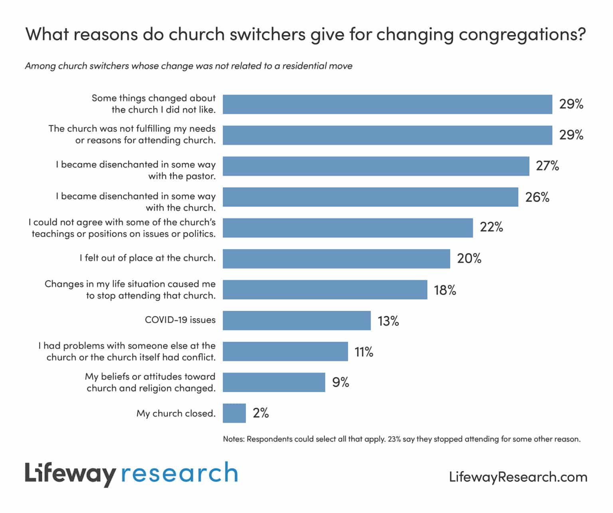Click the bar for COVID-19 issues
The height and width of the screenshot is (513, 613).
pos(297,320)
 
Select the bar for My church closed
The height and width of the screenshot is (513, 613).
pos(234,413)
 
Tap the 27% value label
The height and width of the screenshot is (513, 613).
pos(547,166)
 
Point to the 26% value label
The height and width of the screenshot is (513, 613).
pos(537,197)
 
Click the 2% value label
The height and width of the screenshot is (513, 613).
pos(261,413)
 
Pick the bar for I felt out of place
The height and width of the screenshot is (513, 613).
pos(336,258)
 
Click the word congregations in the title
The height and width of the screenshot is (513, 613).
pos(521,34)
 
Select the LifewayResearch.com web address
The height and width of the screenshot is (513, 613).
pos(518,477)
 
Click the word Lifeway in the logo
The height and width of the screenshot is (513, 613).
pos(70,474)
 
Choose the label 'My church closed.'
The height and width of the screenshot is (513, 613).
pos(176,413)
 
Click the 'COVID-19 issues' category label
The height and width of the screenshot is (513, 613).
pos(180,320)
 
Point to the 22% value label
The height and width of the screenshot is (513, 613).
pos(491,227)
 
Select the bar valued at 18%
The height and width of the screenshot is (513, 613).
pos(325,290)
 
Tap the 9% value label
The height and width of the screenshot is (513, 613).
pos(340,382)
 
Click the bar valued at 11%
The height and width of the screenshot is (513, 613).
pos(285,351)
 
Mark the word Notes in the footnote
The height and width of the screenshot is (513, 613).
pos(233,439)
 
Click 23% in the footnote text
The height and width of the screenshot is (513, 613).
pos(394,439)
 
